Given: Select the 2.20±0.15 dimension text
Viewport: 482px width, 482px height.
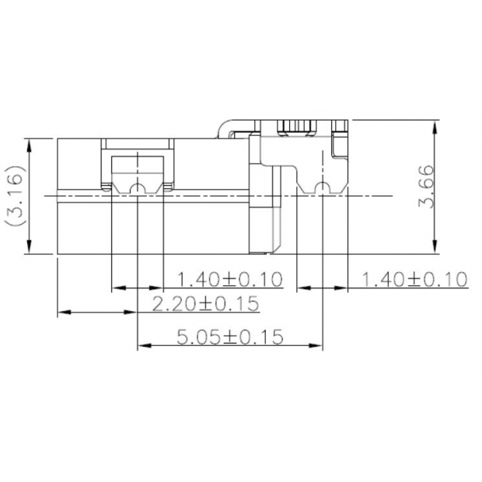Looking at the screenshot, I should [x=204, y=304].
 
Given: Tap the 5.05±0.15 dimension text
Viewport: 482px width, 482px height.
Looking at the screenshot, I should [x=230, y=337].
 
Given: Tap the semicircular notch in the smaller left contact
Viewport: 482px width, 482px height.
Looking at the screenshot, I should [x=138, y=189].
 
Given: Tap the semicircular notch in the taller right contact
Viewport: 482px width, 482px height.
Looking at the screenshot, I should [x=322, y=187].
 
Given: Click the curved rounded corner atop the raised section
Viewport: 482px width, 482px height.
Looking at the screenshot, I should [x=223, y=126].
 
